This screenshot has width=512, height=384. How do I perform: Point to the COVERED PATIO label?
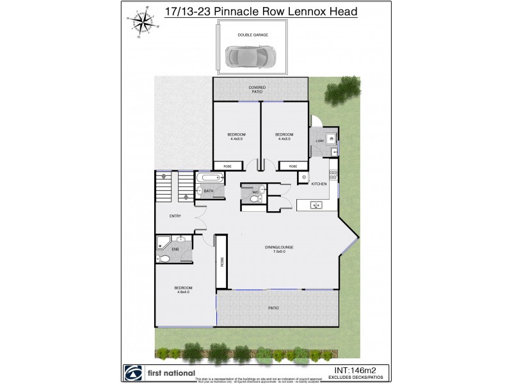click(x=256, y=90)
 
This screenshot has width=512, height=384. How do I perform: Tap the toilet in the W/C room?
click(x=255, y=199)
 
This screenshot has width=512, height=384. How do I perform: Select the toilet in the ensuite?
click(x=163, y=259)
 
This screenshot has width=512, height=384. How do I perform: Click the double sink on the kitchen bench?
click(x=314, y=205)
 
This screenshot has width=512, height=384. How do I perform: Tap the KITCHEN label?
click(x=319, y=184)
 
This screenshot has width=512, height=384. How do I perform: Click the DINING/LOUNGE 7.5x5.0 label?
click(x=280, y=249)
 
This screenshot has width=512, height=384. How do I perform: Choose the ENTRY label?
click(x=175, y=216)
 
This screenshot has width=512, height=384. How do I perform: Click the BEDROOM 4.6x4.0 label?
click(x=183, y=290)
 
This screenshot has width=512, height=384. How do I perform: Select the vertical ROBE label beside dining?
click(x=221, y=262)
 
